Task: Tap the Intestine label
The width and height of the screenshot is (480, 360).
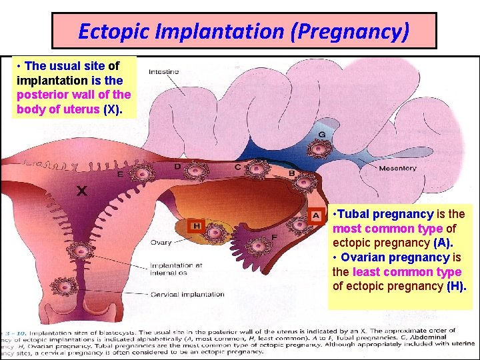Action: tap(163, 71)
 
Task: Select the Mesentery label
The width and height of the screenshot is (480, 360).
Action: tap(397, 169)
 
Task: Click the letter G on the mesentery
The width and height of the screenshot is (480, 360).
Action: tap(322, 133)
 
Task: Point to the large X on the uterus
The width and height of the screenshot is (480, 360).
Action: tap(81, 191)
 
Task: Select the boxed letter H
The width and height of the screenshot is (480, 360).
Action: tap(197, 226)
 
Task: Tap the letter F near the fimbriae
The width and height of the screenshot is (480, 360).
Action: tap(275, 237)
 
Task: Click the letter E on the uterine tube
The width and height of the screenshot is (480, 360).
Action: tap(120, 174)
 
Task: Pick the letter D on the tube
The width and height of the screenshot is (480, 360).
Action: tap(177, 166)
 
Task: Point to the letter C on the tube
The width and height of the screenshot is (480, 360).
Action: tap(237, 167)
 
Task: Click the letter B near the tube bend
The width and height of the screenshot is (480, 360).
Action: tap(291, 173)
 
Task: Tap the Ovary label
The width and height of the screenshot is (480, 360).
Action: tap(161, 243)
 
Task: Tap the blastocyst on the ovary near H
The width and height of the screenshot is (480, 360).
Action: tap(215, 233)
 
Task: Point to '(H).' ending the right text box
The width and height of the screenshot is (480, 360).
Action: tap(457, 286)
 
